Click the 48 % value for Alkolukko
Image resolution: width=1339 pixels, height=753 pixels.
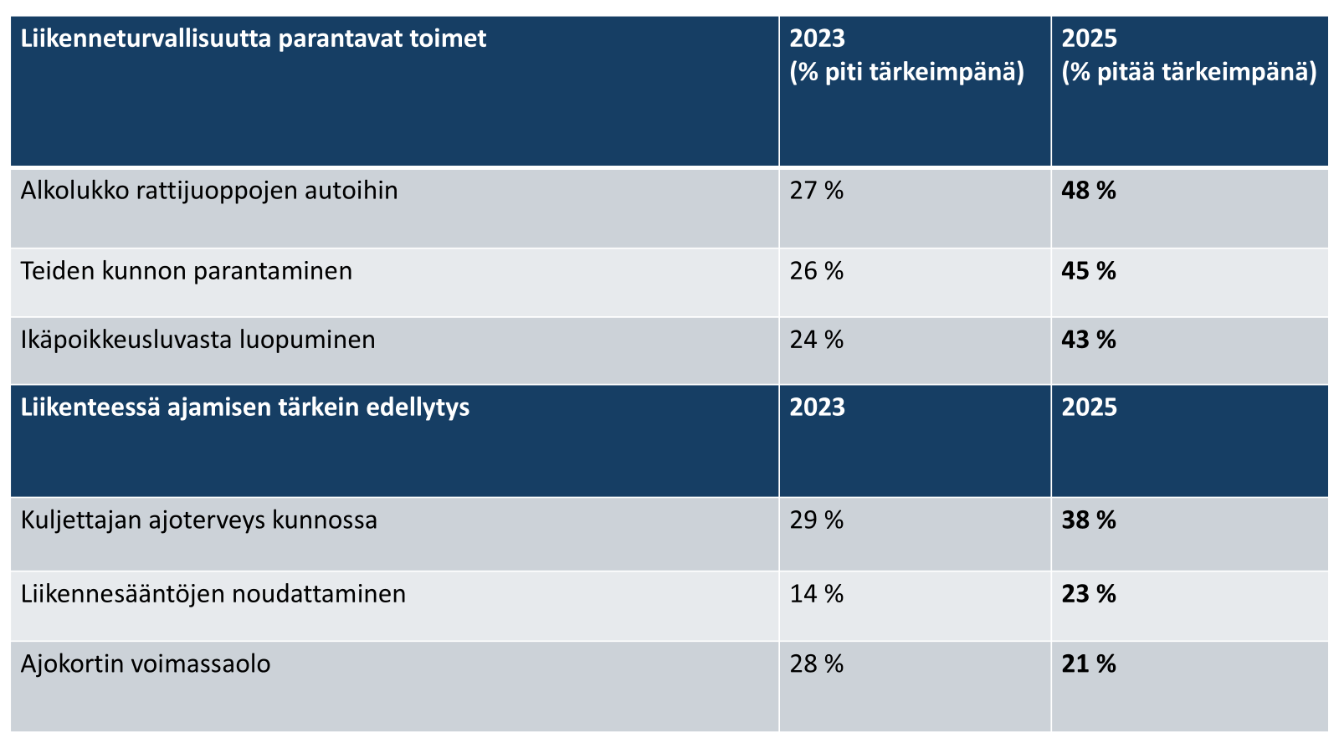click(1089, 191)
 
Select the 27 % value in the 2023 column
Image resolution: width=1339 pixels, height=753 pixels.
click(817, 191)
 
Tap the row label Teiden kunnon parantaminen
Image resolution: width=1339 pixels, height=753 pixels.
click(187, 271)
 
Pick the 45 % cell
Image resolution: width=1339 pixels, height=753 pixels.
click(1089, 271)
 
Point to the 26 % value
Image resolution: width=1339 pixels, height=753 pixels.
click(817, 271)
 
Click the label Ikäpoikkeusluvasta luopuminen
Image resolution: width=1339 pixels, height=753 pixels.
click(198, 340)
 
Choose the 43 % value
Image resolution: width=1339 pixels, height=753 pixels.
click(1089, 340)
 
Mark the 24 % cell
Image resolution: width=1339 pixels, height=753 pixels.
click(817, 340)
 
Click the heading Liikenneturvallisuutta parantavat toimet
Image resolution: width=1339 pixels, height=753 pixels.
click(254, 39)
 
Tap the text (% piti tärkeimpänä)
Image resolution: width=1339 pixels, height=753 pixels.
click(907, 72)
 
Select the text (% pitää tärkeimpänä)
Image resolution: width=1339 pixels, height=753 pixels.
click(1189, 72)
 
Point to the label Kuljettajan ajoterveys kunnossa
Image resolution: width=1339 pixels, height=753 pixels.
click(199, 520)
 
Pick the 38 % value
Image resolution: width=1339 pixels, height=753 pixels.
click(1089, 520)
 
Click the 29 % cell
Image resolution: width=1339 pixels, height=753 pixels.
click(817, 520)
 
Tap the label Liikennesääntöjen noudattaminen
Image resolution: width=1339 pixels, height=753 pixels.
click(213, 595)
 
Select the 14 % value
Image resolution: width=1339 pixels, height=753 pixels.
click(817, 595)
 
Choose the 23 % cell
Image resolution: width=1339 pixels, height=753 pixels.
click(1089, 595)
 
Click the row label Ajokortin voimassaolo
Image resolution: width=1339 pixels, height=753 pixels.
click(146, 664)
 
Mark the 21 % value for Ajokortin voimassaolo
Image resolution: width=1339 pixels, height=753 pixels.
click(1089, 664)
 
